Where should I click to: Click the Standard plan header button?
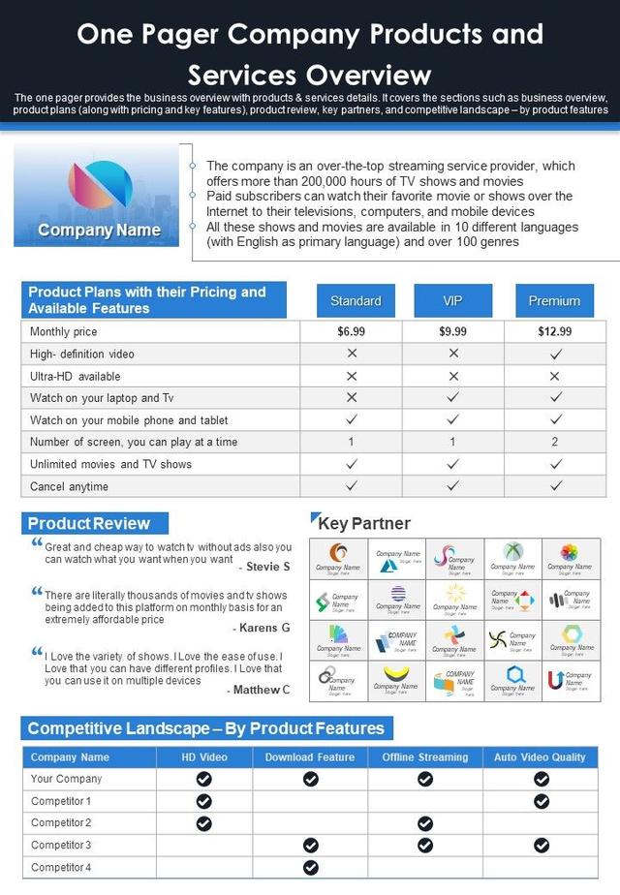pos(356,301)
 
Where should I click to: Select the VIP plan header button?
pos(452,301)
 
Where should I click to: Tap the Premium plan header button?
pos(554,301)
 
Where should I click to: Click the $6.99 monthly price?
pos(352,331)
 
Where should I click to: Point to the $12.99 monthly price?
pos(554,331)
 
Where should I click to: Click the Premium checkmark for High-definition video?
pos(555,354)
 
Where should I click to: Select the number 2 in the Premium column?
pos(555,442)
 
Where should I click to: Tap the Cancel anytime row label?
pos(70,486)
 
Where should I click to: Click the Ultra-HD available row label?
pos(76,376)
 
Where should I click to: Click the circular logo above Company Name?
pos(100,185)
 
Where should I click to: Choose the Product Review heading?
pos(89,524)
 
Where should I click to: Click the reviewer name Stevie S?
pos(268,567)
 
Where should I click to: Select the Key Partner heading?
pos(364,524)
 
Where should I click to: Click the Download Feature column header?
pos(310,757)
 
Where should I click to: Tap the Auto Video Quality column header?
pos(541,757)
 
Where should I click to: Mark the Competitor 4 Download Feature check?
pos(311,868)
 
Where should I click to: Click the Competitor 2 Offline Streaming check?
pos(425,823)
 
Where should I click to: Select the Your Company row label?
pos(66,779)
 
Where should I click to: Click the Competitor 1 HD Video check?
pos(204,801)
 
